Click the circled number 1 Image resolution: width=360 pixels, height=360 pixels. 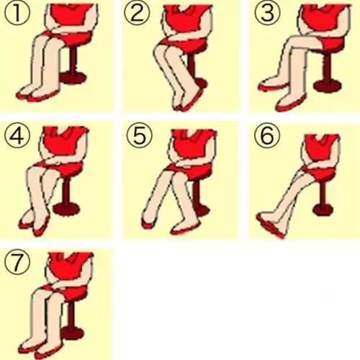[17, 13]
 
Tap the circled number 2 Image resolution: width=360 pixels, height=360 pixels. [137, 13]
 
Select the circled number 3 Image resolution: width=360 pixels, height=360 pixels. [267, 13]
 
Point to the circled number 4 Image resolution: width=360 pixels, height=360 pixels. [17, 135]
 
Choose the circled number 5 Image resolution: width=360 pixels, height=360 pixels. [140, 135]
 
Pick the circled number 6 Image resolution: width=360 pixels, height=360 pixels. [267, 135]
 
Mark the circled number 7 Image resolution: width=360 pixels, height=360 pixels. [17, 262]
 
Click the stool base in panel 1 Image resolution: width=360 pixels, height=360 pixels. [73, 77]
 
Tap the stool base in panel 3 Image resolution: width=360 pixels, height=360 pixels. [328, 86]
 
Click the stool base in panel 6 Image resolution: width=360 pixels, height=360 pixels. [323, 210]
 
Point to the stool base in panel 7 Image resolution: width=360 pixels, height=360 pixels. [72, 333]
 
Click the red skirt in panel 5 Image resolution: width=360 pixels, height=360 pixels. [189, 169]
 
